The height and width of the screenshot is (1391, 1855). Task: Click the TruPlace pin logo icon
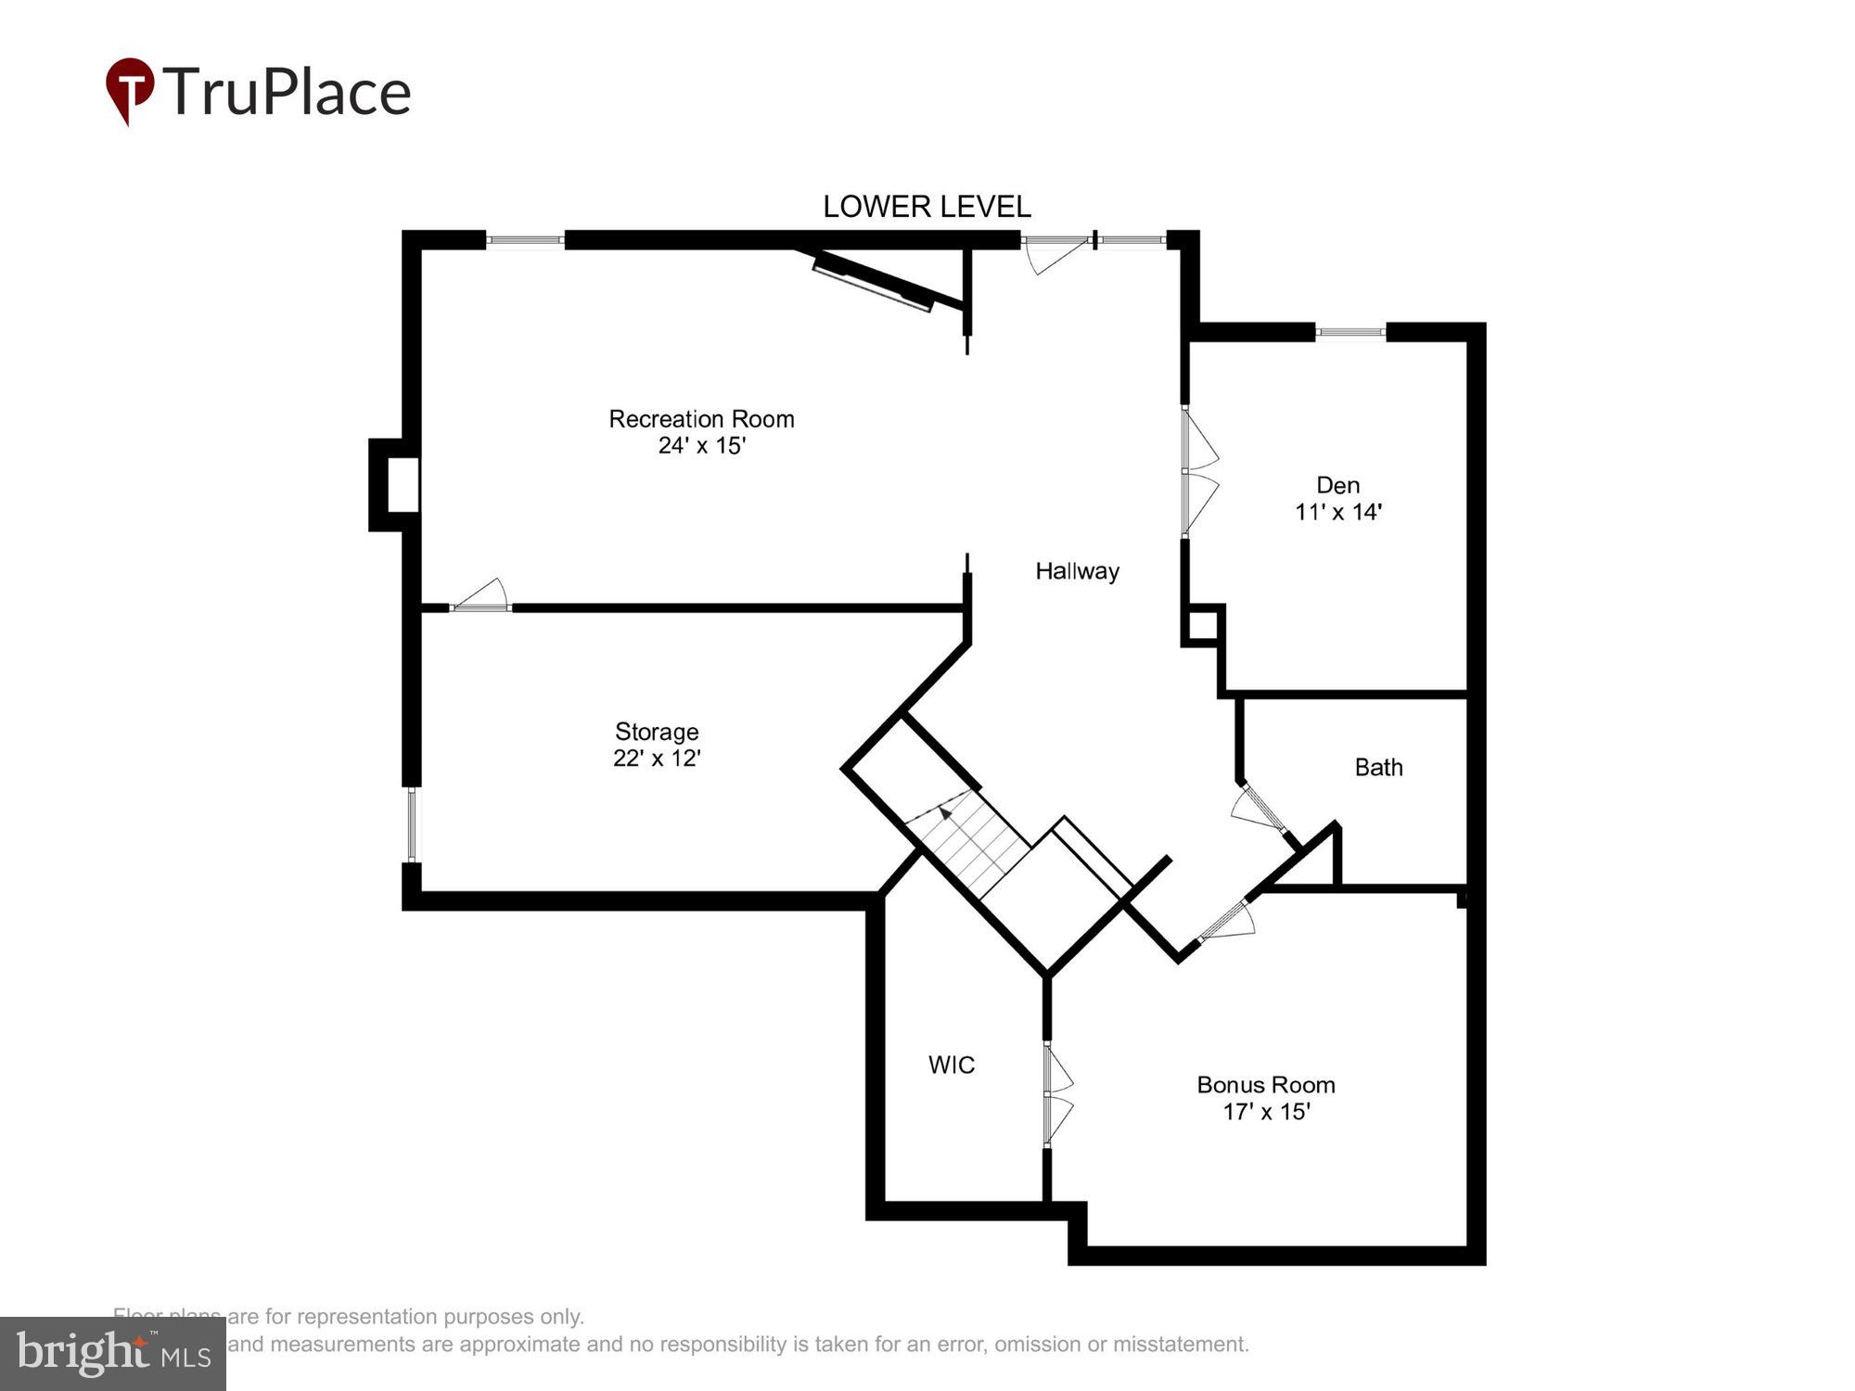(130, 90)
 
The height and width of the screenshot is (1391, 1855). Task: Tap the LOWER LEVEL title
(927, 206)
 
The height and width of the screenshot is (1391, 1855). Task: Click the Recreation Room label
(701, 419)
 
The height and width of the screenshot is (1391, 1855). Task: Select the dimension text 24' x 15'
(702, 446)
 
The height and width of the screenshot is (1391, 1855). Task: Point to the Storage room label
(657, 732)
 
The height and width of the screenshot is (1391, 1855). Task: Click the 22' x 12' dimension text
(657, 759)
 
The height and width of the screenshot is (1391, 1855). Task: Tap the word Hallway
(1077, 571)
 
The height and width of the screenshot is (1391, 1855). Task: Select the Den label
(1337, 485)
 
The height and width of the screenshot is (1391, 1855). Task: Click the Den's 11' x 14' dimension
(1338, 512)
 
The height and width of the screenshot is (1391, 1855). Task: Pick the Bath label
(1378, 768)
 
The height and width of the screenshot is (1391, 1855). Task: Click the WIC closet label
(952, 1065)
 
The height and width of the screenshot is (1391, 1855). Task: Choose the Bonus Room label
(1265, 1085)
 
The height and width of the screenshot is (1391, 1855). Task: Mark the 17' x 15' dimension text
(1266, 1111)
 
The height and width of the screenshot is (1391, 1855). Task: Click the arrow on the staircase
(945, 813)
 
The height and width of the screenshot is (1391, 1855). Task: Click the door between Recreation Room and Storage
(481, 598)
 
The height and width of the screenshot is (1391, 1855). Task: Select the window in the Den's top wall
(1350, 332)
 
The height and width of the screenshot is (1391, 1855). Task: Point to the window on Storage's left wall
(413, 825)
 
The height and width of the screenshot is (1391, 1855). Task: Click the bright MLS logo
(113, 1354)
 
